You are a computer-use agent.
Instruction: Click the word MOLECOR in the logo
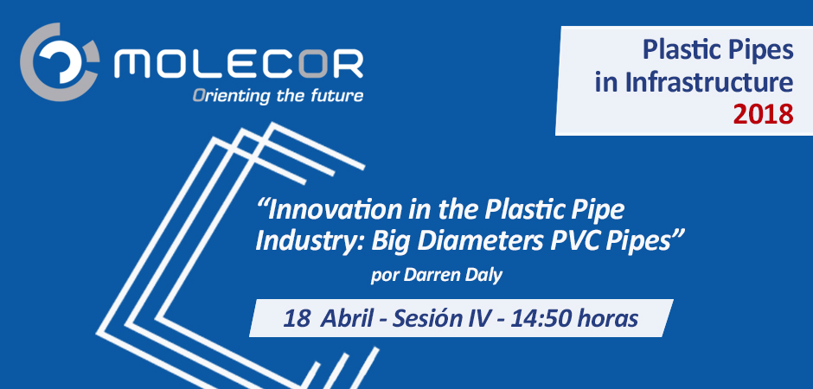(x=239, y=64)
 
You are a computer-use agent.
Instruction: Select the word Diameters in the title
(x=483, y=242)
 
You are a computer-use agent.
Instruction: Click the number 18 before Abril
(x=294, y=319)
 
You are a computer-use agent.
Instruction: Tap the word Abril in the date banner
(x=346, y=319)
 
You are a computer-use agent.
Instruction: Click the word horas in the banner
(x=606, y=319)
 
